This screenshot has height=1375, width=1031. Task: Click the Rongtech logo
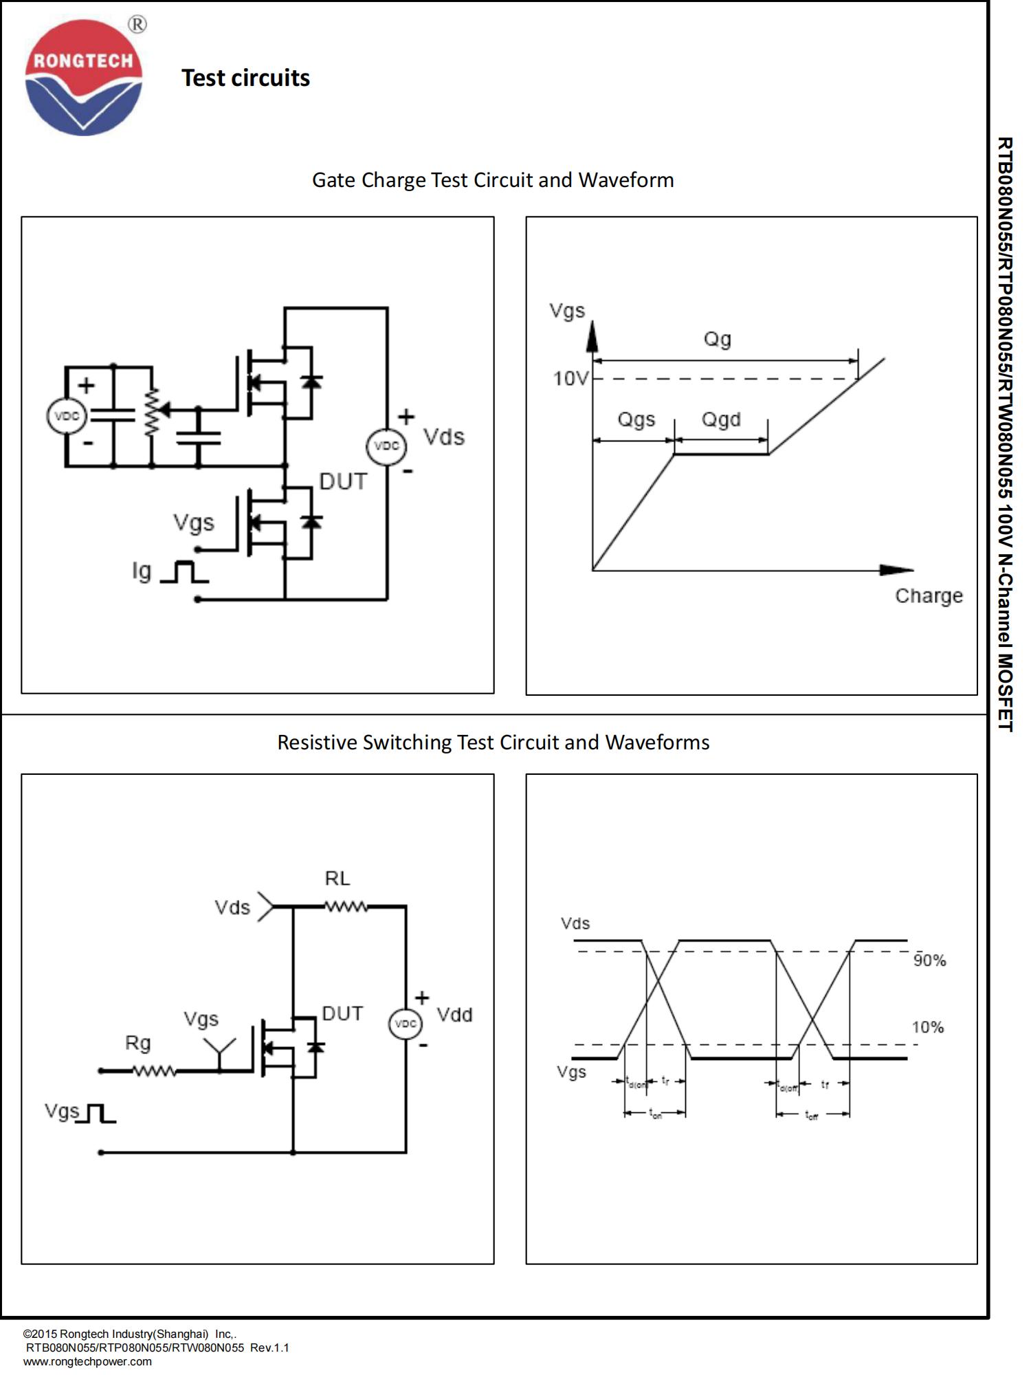tap(83, 77)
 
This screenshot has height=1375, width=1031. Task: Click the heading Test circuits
tap(245, 78)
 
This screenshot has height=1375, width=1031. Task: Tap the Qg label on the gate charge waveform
tap(717, 339)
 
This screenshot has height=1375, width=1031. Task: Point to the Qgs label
tap(636, 419)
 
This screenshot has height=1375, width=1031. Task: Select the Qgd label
tap(721, 419)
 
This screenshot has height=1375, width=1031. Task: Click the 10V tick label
tap(570, 379)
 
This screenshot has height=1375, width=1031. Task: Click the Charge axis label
tap(929, 596)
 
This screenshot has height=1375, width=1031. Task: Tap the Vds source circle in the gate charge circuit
tap(386, 446)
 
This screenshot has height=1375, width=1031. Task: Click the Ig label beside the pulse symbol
tap(142, 571)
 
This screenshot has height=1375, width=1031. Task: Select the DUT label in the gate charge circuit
tap(343, 482)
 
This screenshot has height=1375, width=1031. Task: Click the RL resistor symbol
tap(346, 907)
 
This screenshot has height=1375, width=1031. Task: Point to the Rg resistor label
tap(137, 1044)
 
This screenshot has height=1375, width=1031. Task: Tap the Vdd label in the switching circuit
tap(454, 1015)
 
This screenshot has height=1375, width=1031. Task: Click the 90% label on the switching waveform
tap(929, 960)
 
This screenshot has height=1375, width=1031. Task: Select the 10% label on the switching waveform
tap(927, 1028)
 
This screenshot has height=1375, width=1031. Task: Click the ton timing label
tap(655, 1113)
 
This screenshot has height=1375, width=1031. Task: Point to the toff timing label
tap(811, 1114)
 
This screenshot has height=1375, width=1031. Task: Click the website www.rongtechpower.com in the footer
tap(87, 1361)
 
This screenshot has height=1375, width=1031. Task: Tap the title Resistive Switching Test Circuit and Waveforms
tap(493, 742)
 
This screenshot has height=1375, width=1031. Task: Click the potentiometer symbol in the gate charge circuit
tap(152, 412)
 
